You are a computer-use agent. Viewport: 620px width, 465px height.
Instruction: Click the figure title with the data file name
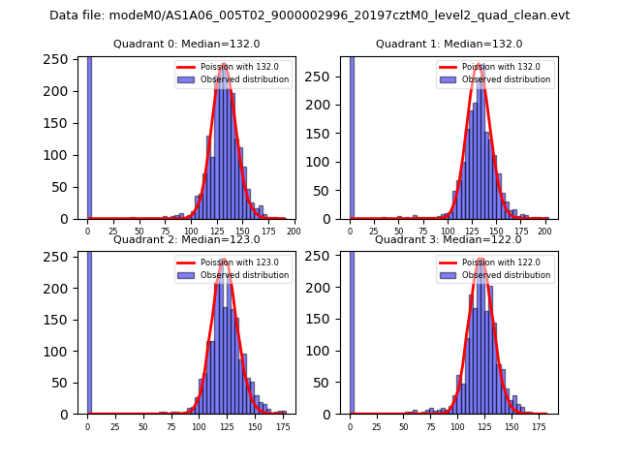pos(309,15)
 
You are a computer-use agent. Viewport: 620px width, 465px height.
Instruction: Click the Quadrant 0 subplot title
pos(186,44)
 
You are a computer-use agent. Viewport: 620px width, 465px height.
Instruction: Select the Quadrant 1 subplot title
pos(449,44)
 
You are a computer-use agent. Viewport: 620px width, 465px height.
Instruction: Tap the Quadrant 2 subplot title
pos(186,239)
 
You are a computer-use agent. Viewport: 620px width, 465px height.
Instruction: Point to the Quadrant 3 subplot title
pos(449,239)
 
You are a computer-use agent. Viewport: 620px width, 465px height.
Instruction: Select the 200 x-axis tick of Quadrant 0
pos(294,231)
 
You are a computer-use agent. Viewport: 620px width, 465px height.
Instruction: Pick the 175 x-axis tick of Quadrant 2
pos(282,426)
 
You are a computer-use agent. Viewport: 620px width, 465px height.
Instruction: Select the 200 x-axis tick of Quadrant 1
pos(545,231)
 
